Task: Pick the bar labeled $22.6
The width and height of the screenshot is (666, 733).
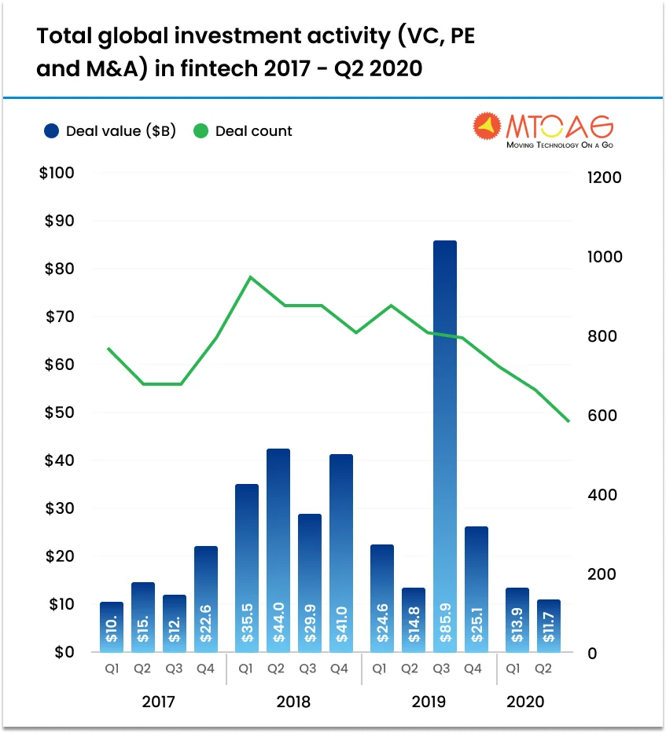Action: (x=206, y=597)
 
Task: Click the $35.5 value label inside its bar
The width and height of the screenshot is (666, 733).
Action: (x=247, y=625)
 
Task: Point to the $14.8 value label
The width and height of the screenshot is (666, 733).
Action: (x=413, y=625)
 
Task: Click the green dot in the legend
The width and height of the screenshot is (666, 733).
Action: (x=201, y=131)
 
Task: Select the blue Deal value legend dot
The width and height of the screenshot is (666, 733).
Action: (x=52, y=131)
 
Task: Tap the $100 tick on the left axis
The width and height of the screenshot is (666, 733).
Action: (x=57, y=173)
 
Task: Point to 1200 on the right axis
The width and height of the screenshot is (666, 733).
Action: (x=604, y=178)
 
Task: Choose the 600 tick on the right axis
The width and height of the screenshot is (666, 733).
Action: (x=604, y=416)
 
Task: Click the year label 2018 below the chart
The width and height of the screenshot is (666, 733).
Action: (x=293, y=702)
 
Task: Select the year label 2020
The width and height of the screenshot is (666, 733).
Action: (x=525, y=702)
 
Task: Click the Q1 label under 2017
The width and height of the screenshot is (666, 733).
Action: (x=112, y=669)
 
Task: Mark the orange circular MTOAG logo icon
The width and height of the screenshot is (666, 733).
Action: (x=487, y=127)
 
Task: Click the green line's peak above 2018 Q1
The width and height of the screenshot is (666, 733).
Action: (x=250, y=277)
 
